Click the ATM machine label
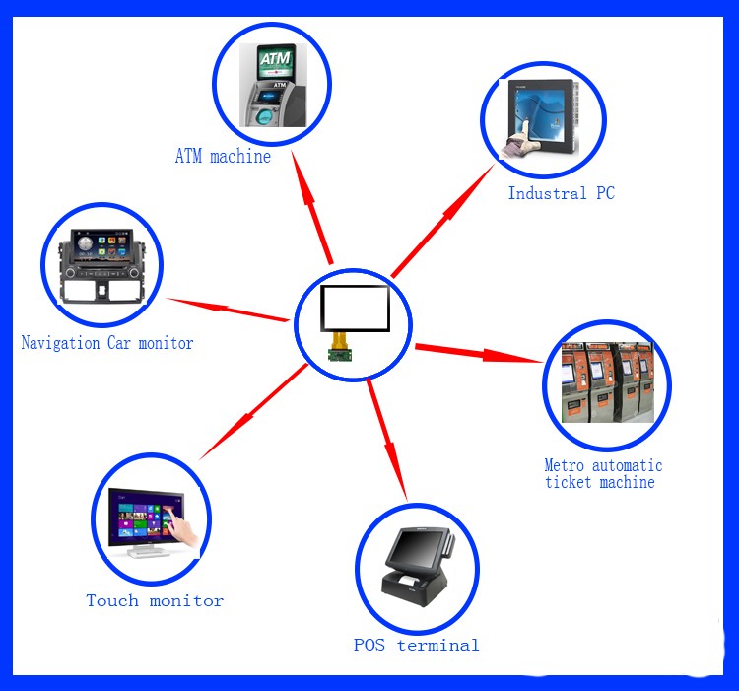click(x=223, y=156)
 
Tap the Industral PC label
click(x=561, y=193)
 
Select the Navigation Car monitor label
click(x=107, y=343)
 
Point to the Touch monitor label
click(x=155, y=600)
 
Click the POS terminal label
click(x=416, y=646)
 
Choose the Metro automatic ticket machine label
click(x=603, y=473)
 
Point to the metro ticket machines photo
click(x=607, y=382)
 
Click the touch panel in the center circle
click(x=354, y=309)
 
